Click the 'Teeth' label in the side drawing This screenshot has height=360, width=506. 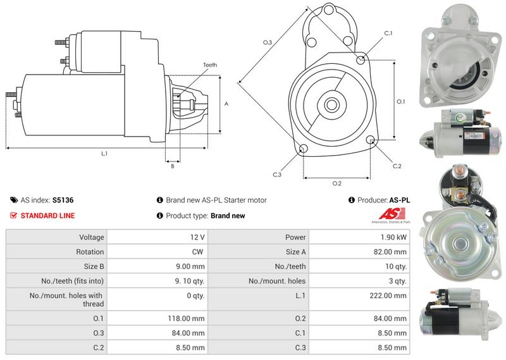point(210,65)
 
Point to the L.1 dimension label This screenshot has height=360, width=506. point(104,154)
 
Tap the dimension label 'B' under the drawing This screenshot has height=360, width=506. point(172,166)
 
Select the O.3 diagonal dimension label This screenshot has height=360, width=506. point(268,42)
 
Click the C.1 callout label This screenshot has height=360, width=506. point(388,33)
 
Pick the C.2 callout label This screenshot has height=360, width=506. point(397,166)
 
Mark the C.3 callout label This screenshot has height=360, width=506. point(277,175)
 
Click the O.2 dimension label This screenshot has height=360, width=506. point(337,183)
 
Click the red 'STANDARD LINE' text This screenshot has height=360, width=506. point(47,216)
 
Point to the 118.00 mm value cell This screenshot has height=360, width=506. point(188,318)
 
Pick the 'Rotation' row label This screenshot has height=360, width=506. point(90,252)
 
